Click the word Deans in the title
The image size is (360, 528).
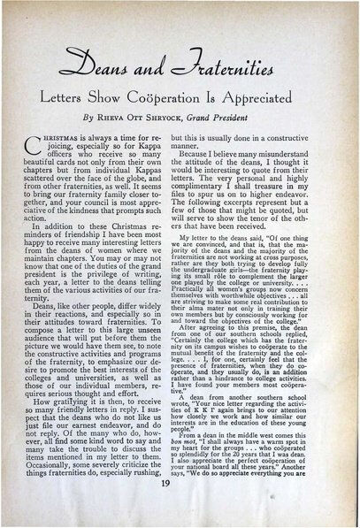point(125,65)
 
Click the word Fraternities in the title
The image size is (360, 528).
point(226,65)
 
